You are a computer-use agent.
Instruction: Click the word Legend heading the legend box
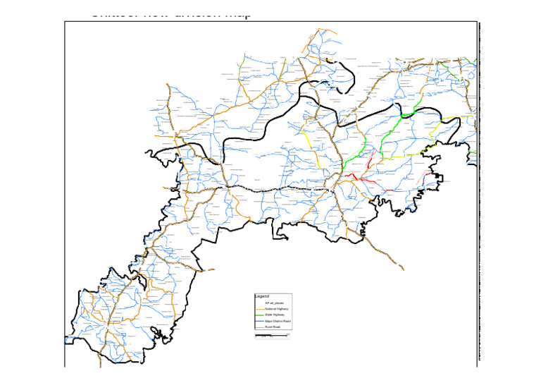pyautogui.click(x=262, y=296)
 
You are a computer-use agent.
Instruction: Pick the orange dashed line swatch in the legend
pyautogui.click(x=259, y=309)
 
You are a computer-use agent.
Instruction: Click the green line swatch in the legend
pyautogui.click(x=259, y=315)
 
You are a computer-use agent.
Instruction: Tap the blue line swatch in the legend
pyautogui.click(x=259, y=321)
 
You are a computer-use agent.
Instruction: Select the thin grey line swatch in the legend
pyautogui.click(x=259, y=327)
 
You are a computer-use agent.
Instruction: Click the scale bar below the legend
pyautogui.click(x=271, y=336)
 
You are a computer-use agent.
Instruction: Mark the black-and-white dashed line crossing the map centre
pyautogui.click(x=282, y=189)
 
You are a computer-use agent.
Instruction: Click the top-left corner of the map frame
pyautogui.click(x=65, y=22)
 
